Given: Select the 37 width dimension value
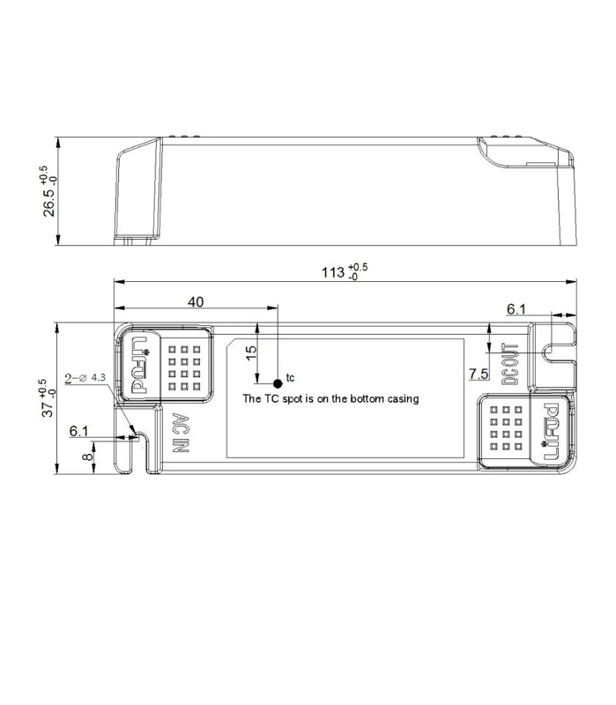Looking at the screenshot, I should [x=49, y=398].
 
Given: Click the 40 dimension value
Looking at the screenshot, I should [x=196, y=302].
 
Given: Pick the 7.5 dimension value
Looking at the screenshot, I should [x=479, y=375].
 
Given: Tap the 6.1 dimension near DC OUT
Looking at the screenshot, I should [x=516, y=308].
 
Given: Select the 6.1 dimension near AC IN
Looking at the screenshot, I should [x=79, y=431].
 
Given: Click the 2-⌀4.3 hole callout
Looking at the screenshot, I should [x=85, y=378].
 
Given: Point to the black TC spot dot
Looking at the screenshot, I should [x=278, y=383].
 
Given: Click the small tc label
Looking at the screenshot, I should [x=291, y=378].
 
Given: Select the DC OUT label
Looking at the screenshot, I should [x=508, y=363].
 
